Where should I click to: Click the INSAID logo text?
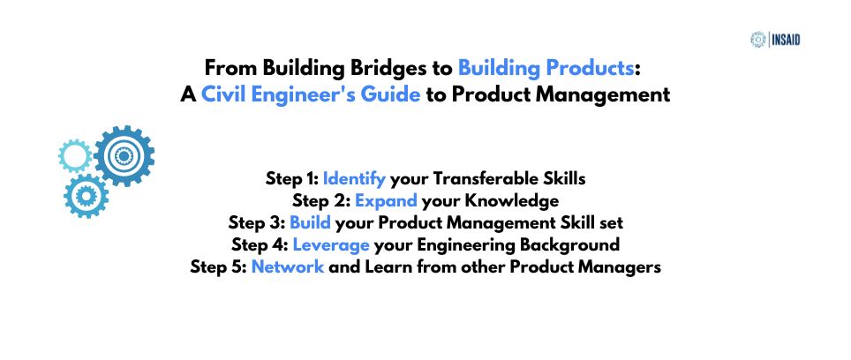[x=786, y=40]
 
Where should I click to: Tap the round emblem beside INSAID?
[x=757, y=40]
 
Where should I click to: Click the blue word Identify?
[x=354, y=178]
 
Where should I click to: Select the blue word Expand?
[x=386, y=201]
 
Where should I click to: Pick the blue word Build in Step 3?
[x=311, y=222]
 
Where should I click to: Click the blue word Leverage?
[x=331, y=245]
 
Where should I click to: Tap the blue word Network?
[x=288, y=266]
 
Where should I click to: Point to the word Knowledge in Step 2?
[x=511, y=201]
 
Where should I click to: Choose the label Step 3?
[x=257, y=222]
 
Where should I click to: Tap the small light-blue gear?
[x=75, y=156]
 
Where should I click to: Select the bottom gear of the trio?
[x=86, y=196]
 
